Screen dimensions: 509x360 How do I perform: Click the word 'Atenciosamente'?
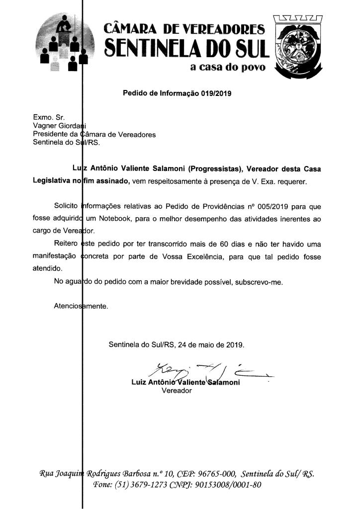pyautogui.click(x=81, y=306)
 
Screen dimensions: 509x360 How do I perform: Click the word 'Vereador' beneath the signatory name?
pyautogui.click(x=177, y=390)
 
